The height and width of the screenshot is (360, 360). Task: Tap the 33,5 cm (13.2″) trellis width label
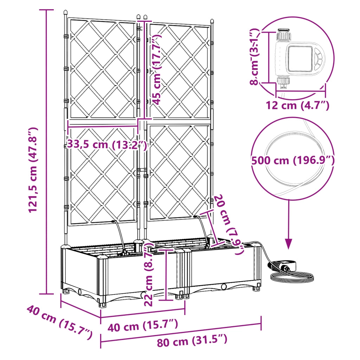tap(107, 144)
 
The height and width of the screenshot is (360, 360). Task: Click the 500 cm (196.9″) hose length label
tap(293, 160)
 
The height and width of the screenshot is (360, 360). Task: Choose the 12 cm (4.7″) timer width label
tap(297, 105)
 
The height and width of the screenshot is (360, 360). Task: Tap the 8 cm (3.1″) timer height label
tap(255, 57)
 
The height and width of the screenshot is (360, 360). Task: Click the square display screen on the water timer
tap(300, 59)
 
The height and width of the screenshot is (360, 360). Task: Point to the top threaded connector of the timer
tap(284, 34)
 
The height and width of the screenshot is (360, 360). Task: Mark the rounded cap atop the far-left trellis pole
tap(65, 12)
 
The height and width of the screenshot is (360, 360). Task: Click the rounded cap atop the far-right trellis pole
tap(212, 21)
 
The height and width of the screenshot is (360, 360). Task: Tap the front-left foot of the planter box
tap(102, 304)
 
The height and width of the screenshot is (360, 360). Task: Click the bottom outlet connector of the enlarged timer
tap(283, 83)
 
